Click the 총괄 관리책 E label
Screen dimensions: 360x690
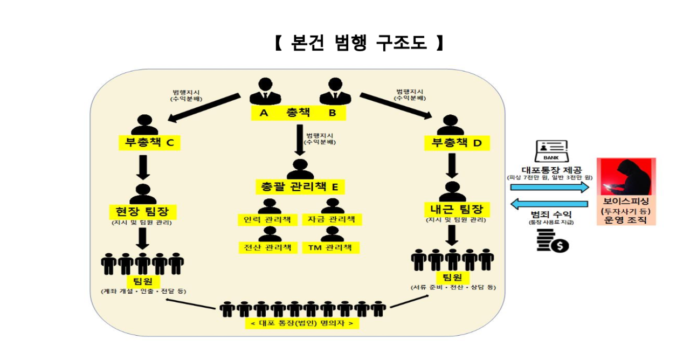pos(300,187)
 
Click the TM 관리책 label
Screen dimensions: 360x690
pos(330,248)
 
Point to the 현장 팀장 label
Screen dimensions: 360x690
pos(142,210)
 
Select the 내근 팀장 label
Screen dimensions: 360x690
pos(456,209)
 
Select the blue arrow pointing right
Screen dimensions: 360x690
pos(549,187)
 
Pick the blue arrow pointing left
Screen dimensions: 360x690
pos(549,204)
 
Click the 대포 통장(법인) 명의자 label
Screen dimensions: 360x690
pos(302,323)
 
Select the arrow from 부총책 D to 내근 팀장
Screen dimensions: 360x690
pos(453,166)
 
